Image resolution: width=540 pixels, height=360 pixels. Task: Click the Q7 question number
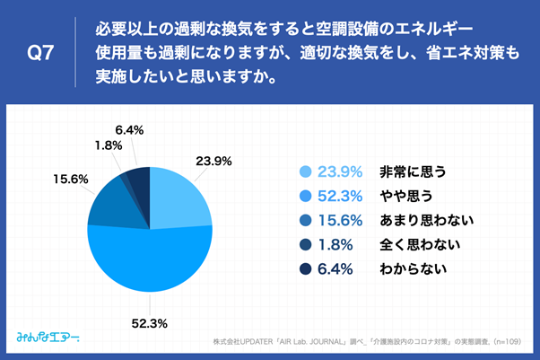41,54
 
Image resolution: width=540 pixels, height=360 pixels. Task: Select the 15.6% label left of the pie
69,179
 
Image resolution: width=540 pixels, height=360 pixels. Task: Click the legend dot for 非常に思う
304,171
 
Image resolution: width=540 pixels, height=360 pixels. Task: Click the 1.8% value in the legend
341,244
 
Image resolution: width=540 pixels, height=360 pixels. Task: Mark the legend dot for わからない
304,268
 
